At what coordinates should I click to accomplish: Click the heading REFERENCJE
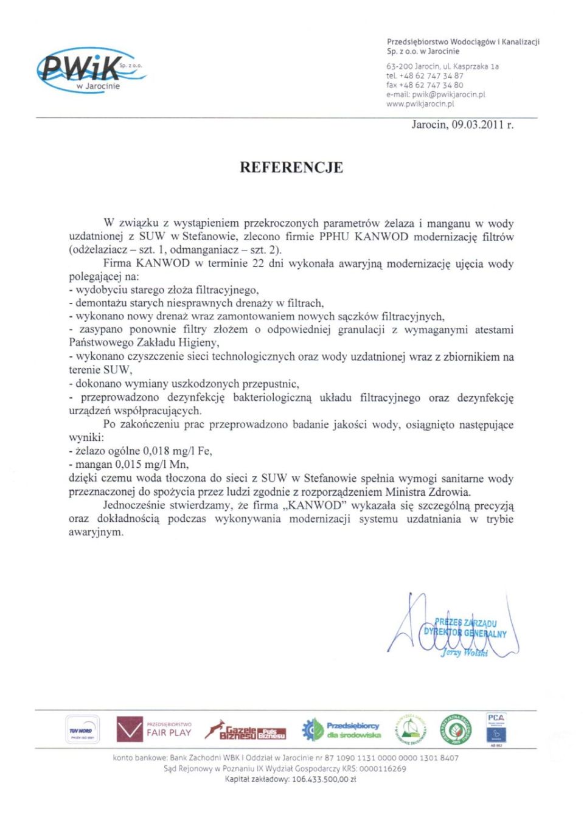click(291, 167)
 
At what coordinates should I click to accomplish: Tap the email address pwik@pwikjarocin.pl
click(448, 94)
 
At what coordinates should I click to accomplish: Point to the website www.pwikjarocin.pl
click(420, 104)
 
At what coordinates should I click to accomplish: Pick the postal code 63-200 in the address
click(399, 66)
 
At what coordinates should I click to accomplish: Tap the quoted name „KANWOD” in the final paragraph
click(315, 505)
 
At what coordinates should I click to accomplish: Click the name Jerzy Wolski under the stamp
click(464, 653)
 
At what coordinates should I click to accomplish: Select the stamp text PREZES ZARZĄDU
click(465, 623)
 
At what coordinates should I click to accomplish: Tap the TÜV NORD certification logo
click(82, 730)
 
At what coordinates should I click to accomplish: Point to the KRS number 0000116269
click(382, 769)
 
